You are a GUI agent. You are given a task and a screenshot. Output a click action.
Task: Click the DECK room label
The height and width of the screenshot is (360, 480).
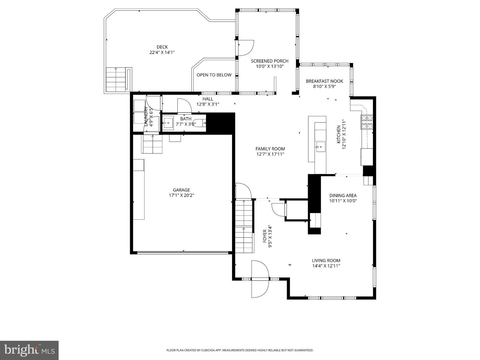point(162,47)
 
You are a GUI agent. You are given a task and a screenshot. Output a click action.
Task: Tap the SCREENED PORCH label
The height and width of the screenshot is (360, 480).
point(269,61)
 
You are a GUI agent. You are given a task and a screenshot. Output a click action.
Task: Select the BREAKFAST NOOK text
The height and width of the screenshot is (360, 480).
point(324,81)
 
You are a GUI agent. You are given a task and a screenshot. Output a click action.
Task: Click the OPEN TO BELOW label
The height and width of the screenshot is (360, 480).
point(214,75)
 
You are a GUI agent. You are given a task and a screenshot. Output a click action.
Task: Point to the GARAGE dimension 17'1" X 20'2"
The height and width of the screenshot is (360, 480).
point(181,195)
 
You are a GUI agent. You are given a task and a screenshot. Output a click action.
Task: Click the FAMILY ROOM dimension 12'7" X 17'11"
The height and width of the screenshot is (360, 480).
point(270,154)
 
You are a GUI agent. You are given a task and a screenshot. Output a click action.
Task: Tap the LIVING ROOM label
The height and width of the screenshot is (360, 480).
point(326,261)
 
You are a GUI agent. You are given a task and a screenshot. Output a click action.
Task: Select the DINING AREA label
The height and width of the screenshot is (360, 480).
point(343,196)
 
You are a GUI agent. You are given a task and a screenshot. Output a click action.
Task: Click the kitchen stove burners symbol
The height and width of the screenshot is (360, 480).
point(367,122)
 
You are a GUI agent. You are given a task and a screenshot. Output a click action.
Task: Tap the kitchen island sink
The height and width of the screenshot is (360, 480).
point(320,147)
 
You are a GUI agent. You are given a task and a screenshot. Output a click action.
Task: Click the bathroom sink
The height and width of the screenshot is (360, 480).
point(168,123)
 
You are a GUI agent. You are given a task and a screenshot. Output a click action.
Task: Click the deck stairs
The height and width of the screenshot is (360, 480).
point(116,80)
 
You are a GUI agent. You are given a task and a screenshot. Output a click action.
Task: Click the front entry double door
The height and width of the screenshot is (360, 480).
point(260,279)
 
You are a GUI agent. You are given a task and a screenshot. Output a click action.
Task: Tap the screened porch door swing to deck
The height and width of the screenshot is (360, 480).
point(246,48)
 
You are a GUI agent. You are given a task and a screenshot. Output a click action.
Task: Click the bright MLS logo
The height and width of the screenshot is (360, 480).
point(29,350)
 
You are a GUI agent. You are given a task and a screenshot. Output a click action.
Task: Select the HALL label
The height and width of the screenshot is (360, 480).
point(208,99)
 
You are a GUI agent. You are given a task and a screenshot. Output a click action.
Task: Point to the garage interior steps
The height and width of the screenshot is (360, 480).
point(152,144)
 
